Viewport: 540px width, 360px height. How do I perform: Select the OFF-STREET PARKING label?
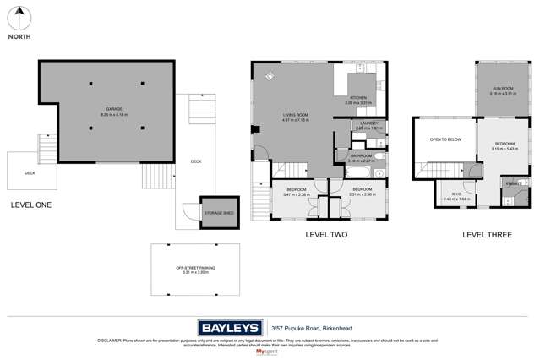[192, 268]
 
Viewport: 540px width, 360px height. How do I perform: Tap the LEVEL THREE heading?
[487, 234]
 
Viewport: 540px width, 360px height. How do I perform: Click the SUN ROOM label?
[504, 89]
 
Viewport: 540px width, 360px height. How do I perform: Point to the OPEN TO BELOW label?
[445, 139]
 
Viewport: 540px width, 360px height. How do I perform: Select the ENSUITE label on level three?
[514, 183]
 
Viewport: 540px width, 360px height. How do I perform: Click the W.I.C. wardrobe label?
[456, 195]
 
